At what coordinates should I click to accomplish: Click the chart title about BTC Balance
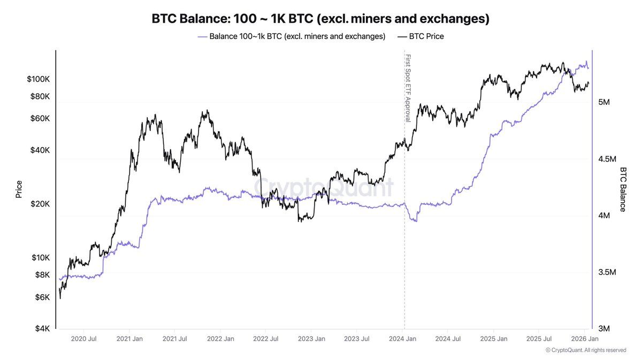[x=320, y=19]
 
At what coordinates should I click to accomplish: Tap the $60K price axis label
[x=39, y=118]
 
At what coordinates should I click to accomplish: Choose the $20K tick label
[x=39, y=204]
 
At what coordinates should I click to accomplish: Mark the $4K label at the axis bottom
[x=41, y=328]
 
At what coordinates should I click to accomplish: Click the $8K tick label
[x=41, y=275]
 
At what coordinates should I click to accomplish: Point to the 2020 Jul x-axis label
[x=84, y=339]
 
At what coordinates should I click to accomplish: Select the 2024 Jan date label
[x=403, y=339]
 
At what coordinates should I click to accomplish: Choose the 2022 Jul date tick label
[x=266, y=339]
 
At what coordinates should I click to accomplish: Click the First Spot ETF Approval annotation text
[x=408, y=88]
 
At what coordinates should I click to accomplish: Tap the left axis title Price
[x=19, y=189]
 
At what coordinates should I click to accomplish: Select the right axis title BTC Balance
[x=623, y=189]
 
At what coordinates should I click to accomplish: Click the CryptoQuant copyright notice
[x=586, y=350]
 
